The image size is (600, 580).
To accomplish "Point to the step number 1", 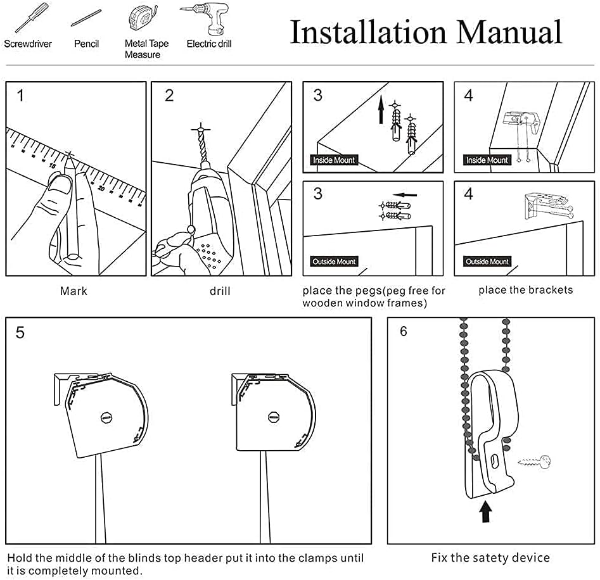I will coord(21,96).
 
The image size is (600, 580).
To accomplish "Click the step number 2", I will coord(169,96).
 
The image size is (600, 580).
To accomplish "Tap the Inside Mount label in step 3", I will coord(335,160).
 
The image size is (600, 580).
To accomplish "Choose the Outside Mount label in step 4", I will coord(487,262).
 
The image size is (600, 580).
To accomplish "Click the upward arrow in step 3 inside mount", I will coord(381,113).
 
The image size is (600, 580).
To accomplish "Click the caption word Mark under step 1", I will coord(74,291).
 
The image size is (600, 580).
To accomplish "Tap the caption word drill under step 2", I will coord(220,291).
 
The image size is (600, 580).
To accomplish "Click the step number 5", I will coord(20,332).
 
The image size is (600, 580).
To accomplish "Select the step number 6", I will coord(404,331).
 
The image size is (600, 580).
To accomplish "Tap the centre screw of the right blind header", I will coord(274,417).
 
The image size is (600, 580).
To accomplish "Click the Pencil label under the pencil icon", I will coord(86,44).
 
